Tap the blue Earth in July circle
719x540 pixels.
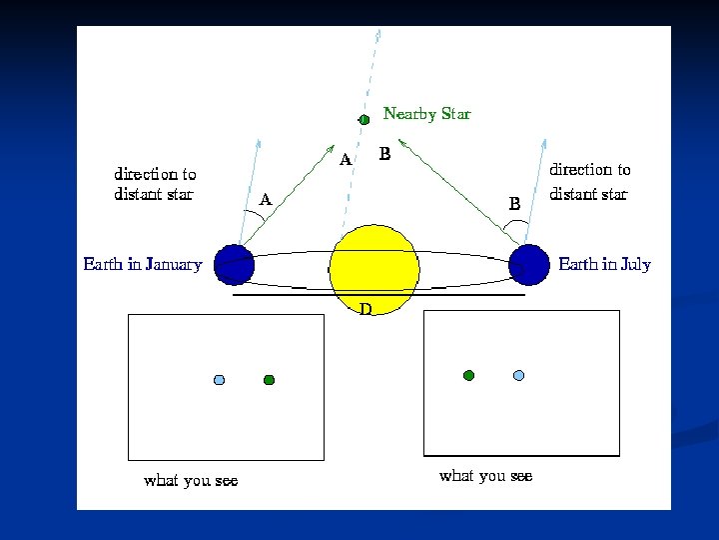[x=529, y=265]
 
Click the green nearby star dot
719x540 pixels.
[x=364, y=119]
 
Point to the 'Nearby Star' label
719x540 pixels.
[x=426, y=114]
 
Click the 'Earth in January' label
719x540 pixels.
[x=142, y=265]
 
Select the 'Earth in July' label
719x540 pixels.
[x=604, y=265]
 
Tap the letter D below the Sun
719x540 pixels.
[x=365, y=309]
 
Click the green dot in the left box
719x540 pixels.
[x=269, y=380]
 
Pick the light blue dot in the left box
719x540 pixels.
[x=220, y=380]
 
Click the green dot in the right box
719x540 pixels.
[x=468, y=375]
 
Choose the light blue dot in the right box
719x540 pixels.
[x=518, y=375]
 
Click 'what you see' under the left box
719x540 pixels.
[x=191, y=481]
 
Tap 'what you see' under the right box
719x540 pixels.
[x=485, y=476]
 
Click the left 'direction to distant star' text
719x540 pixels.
[x=155, y=184]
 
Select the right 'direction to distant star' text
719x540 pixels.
[x=590, y=182]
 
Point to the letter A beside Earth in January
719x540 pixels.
[x=266, y=199]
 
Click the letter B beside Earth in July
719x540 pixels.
[x=514, y=203]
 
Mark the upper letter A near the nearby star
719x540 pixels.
[x=345, y=160]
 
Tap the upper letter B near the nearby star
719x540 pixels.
[x=384, y=155]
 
